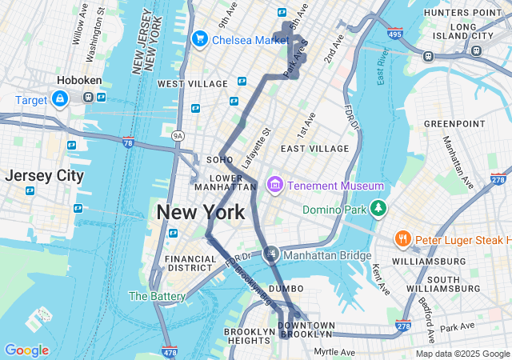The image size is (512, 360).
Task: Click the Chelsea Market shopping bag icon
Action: [199, 38]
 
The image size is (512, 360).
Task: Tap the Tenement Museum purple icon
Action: [275, 186]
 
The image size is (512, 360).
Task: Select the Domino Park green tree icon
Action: [378, 210]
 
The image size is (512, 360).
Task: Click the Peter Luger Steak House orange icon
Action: [403, 239]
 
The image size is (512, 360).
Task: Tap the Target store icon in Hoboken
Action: [59, 98]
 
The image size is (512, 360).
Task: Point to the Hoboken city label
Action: [78, 81]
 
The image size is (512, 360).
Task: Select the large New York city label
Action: [200, 213]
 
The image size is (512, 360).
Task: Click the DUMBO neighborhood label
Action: [286, 288]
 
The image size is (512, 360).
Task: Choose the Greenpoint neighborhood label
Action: [454, 123]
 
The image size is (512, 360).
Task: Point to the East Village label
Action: [314, 148]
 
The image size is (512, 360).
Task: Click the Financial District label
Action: [190, 263]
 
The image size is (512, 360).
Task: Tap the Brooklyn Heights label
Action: [249, 336]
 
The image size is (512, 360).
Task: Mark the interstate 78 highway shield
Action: [128, 142]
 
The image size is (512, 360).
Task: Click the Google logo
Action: [26, 350]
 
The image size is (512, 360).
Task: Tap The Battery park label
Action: [158, 296]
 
